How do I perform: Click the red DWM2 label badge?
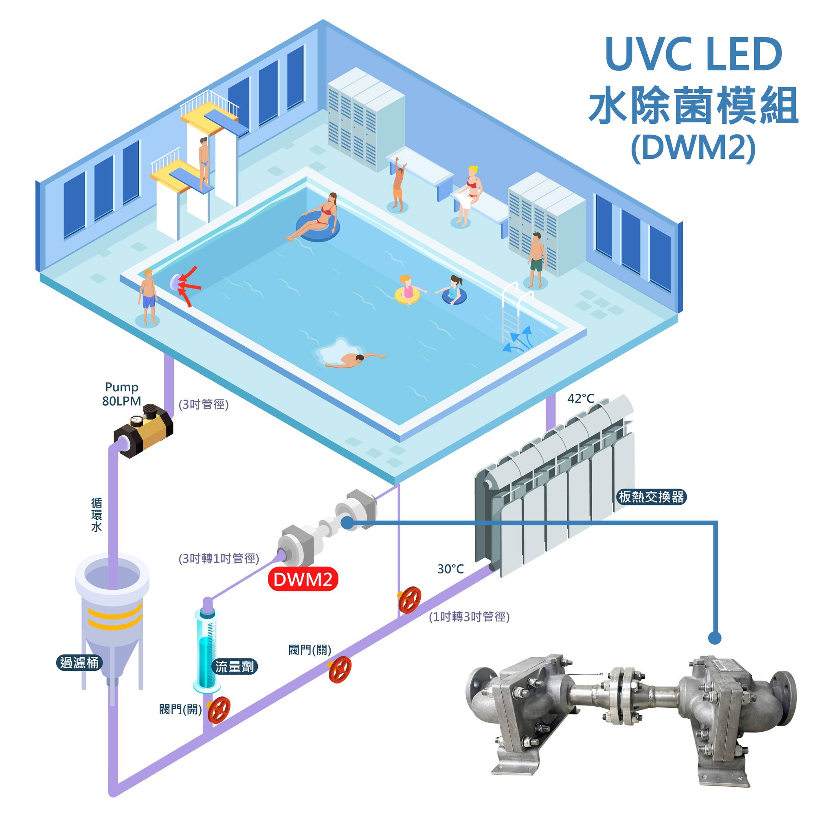pyautogui.click(x=303, y=579)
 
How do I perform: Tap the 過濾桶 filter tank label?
pyautogui.click(x=79, y=662)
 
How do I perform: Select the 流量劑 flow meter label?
pyautogui.click(x=235, y=667)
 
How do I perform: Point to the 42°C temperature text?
pyautogui.click(x=581, y=398)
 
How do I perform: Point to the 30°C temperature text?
pyautogui.click(x=451, y=569)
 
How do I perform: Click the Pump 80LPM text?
pyautogui.click(x=122, y=394)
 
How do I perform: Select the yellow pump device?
pyautogui.click(x=143, y=430)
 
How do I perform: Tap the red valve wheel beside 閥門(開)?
pyautogui.click(x=219, y=710)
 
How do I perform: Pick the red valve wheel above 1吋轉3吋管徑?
pyautogui.click(x=409, y=600)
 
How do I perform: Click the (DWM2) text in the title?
pyautogui.click(x=693, y=148)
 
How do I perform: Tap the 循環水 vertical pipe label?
pyautogui.click(x=97, y=515)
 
